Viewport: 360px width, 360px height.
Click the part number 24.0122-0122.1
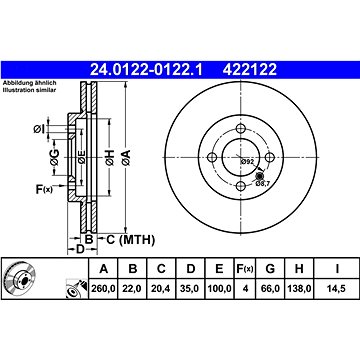(146, 70)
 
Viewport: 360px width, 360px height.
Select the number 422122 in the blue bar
(250, 70)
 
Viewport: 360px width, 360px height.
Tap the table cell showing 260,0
(103, 288)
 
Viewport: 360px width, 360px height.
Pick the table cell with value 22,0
(133, 288)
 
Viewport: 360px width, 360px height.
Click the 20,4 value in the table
(161, 288)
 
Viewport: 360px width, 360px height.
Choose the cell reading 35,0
(190, 288)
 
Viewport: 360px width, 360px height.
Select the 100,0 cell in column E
(219, 288)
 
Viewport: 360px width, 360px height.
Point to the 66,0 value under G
(270, 288)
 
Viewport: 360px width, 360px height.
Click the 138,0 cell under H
(299, 288)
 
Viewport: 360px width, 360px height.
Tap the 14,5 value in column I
(337, 288)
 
